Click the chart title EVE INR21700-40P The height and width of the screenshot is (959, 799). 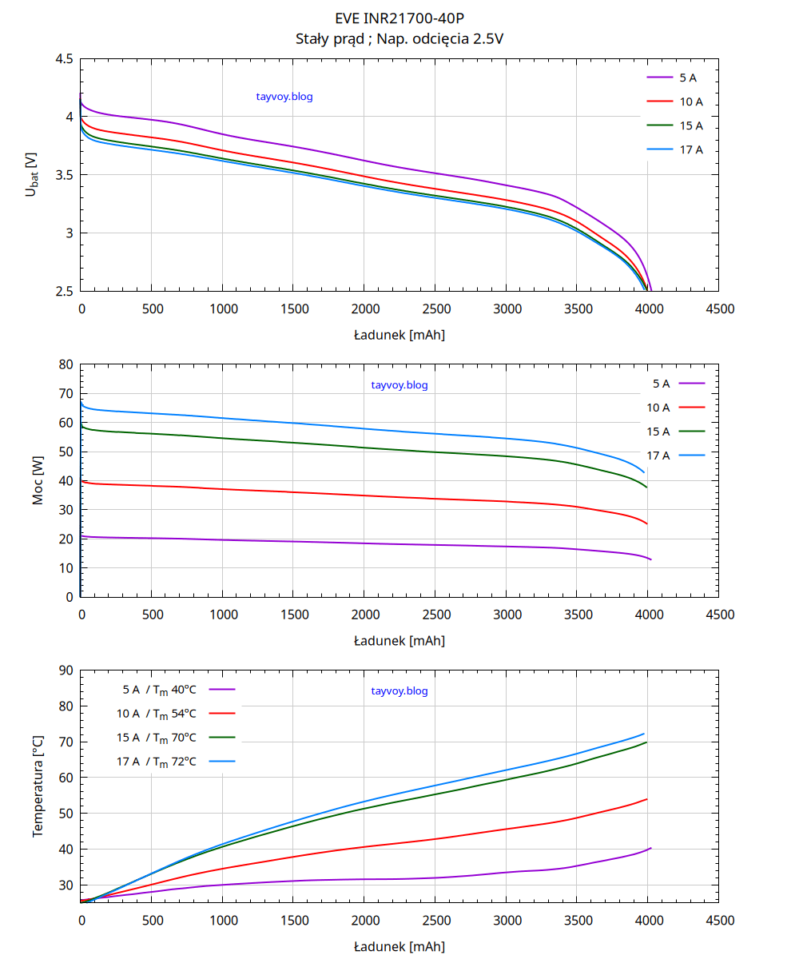pyautogui.click(x=399, y=18)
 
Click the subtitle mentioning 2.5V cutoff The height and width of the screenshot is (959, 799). pyautogui.click(x=399, y=38)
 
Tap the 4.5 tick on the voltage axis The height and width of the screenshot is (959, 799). pyautogui.click(x=64, y=59)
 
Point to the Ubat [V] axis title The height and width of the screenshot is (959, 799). pyautogui.click(x=32, y=175)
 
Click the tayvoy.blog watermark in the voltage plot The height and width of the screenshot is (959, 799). pyautogui.click(x=284, y=97)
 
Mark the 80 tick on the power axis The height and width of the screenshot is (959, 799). pyautogui.click(x=66, y=364)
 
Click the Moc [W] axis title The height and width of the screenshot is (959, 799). pyautogui.click(x=38, y=481)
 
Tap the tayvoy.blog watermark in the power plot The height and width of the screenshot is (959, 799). pyautogui.click(x=399, y=385)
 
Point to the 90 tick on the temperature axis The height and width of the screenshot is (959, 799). pyautogui.click(x=66, y=671)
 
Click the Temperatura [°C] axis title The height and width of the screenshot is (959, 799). pyautogui.click(x=38, y=787)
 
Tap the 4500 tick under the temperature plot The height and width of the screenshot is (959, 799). pyautogui.click(x=721, y=921)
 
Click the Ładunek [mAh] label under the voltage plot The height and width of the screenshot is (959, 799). pyautogui.click(x=399, y=335)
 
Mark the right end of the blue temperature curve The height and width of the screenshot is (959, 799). pyautogui.click(x=644, y=734)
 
